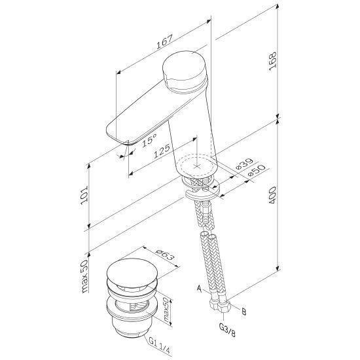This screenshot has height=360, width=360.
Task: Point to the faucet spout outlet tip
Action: (122, 142)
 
